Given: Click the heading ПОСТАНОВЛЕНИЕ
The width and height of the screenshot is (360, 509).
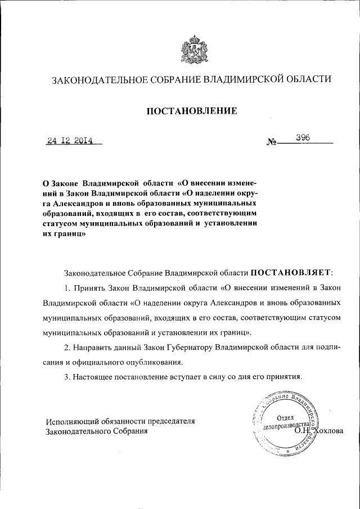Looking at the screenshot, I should pos(192,111).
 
